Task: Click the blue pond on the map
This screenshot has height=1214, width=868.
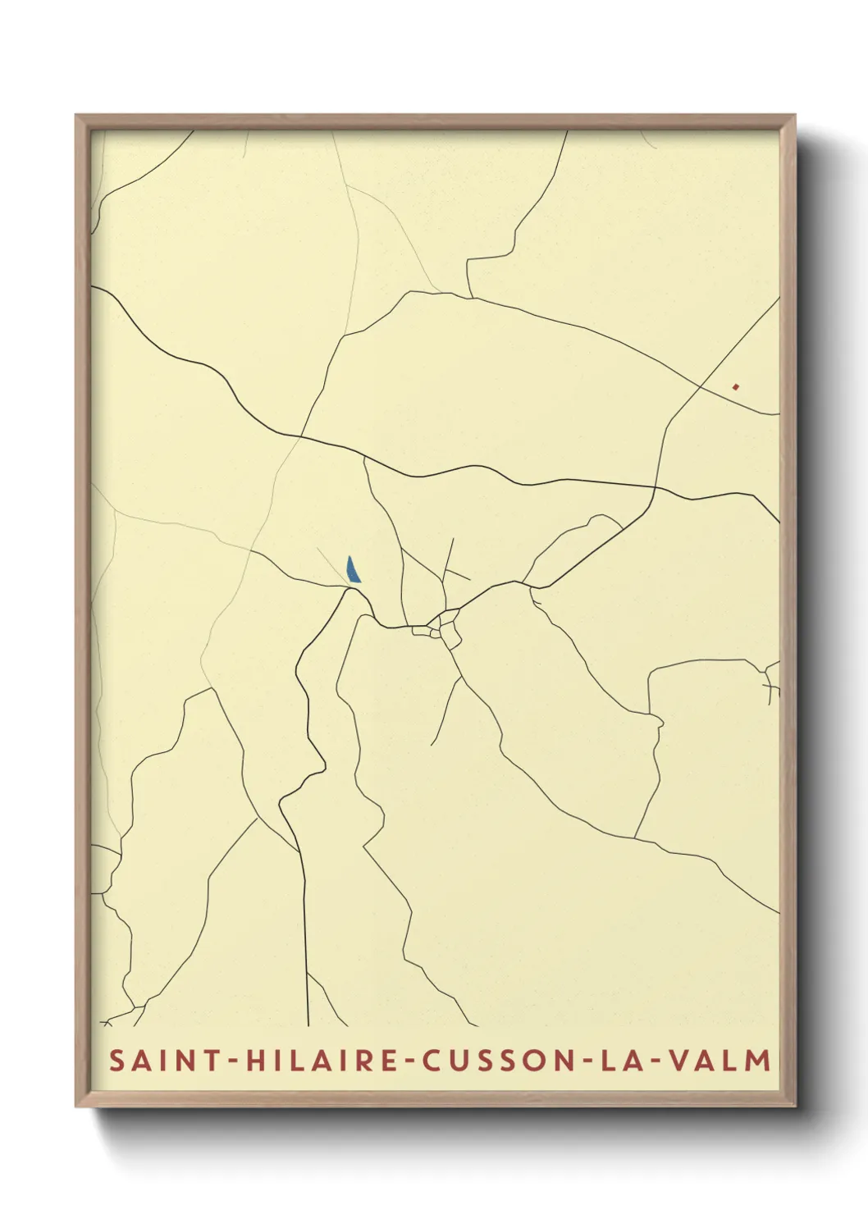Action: (353, 570)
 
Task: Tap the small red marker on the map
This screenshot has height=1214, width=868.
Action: (737, 386)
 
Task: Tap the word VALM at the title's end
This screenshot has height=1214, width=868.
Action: (720, 1061)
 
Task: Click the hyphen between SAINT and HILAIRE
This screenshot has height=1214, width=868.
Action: (233, 1061)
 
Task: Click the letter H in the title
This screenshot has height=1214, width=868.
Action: (257, 1061)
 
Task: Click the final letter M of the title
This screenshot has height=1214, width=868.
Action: (760, 1061)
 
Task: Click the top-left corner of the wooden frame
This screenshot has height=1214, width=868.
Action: (76, 116)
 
